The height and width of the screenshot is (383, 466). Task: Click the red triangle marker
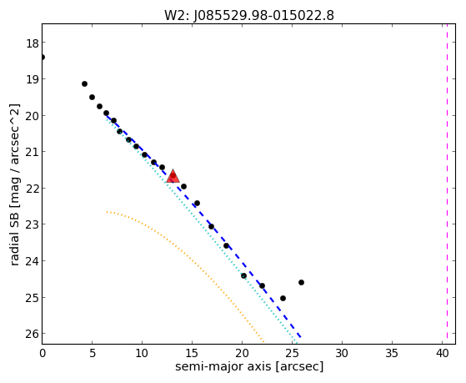coord(173,176)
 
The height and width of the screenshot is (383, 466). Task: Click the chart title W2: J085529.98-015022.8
coord(249,16)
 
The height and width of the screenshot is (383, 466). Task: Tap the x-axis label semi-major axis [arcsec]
coord(249,366)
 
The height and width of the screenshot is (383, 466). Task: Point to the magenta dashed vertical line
coord(447,184)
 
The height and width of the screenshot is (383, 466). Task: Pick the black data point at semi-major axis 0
coord(43,57)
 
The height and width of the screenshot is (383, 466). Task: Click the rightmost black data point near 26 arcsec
coord(301,282)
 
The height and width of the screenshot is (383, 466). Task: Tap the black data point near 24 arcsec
coord(283,298)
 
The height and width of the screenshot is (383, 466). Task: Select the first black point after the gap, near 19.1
coord(84,84)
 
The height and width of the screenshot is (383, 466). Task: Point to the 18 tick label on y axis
coord(33,43)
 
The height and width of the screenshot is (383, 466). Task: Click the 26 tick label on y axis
coord(33,334)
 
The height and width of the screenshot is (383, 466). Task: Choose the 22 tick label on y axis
coord(33,189)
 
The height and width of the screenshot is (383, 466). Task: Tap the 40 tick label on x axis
coord(442,353)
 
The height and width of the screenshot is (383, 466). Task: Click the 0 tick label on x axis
coord(43,353)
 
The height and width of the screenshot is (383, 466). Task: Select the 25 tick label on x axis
coord(292,353)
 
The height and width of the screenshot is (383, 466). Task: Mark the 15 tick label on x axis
coord(192,353)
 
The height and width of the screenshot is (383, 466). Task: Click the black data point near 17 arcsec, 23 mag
coord(211,226)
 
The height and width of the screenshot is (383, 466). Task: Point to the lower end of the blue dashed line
coord(301,337)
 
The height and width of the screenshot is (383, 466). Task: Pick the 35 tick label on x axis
coord(392,353)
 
